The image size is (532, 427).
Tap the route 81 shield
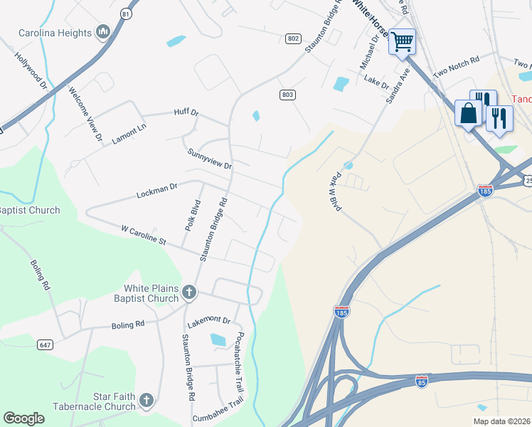(126, 14)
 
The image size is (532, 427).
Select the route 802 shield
(294, 38)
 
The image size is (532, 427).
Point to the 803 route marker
(287, 95)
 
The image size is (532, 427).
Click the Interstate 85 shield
(421, 381)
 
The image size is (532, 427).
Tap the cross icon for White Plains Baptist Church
(189, 291)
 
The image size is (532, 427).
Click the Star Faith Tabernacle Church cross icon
(147, 400)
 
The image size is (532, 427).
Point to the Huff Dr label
(186, 112)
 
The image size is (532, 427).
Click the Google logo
(23, 418)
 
